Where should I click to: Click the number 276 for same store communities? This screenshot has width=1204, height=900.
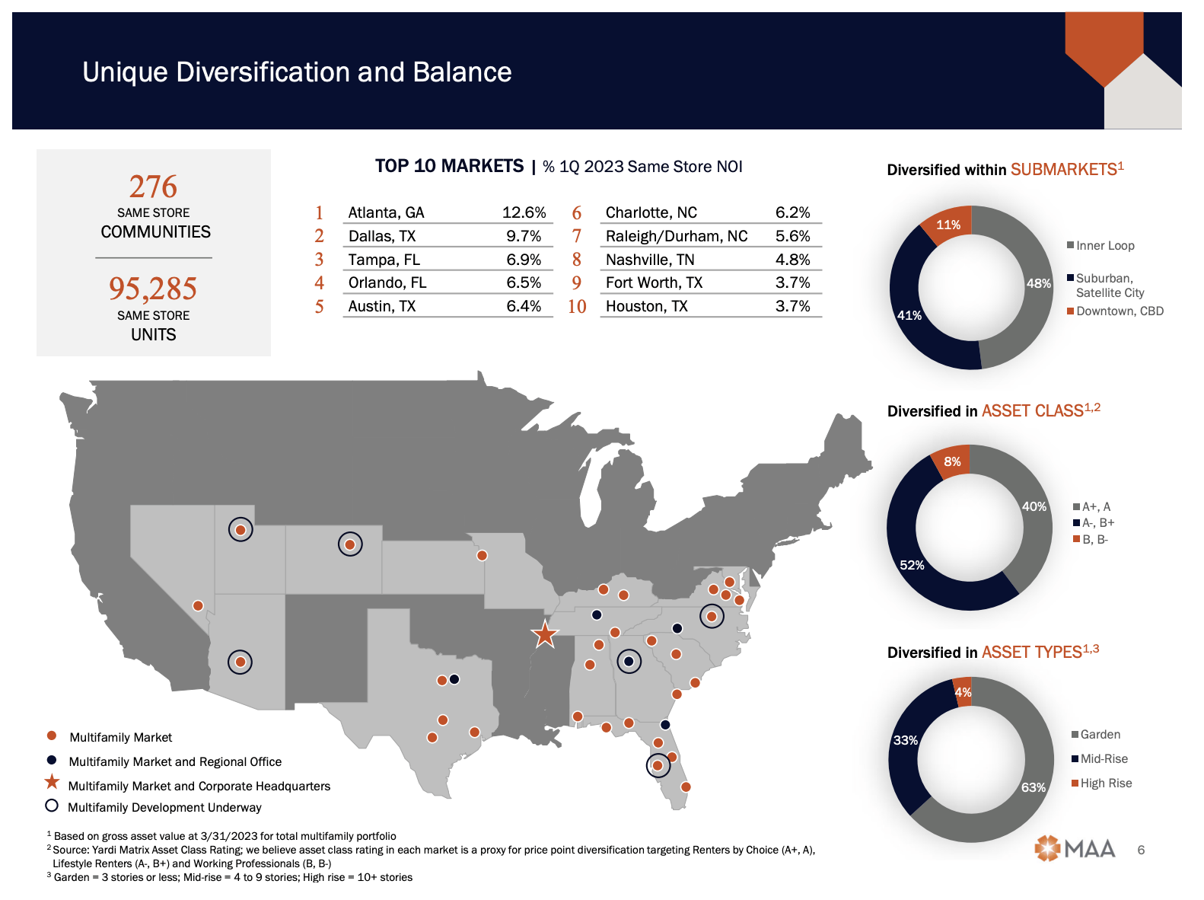click(153, 187)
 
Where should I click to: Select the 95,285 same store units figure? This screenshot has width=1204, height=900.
click(153, 289)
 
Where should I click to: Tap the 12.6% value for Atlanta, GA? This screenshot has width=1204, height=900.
click(524, 212)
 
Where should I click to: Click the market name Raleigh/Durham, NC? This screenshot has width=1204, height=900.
click(676, 236)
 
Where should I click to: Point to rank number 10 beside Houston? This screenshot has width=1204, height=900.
click(577, 306)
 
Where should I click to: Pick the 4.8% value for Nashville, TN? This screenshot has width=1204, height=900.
click(792, 260)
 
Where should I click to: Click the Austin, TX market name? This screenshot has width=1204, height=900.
click(381, 306)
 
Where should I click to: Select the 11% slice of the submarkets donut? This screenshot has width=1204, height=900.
click(948, 225)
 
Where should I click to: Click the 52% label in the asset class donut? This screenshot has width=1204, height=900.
click(912, 565)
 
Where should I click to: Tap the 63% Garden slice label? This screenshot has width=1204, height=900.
click(1033, 787)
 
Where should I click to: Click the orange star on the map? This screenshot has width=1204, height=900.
click(545, 634)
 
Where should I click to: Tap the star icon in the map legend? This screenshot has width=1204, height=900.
click(52, 782)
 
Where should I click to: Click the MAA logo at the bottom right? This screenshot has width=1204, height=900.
click(1075, 848)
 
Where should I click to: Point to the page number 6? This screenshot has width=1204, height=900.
click(1141, 850)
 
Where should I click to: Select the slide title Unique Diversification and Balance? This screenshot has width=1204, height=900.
click(297, 72)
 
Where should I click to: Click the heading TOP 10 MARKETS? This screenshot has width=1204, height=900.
click(449, 166)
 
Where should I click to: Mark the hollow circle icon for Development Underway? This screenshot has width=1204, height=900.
click(52, 806)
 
